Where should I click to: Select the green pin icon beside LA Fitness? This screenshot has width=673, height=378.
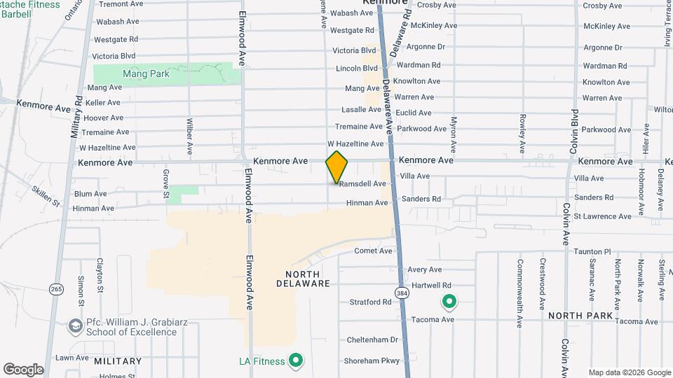297,360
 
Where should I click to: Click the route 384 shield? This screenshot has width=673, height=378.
401,293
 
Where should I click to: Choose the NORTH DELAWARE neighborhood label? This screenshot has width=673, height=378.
303,279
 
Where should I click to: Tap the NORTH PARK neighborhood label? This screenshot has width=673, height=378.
580,316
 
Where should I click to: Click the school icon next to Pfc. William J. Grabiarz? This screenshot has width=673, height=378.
75,326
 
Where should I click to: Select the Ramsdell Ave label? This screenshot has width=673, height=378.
362,184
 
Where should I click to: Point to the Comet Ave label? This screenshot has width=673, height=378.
373,251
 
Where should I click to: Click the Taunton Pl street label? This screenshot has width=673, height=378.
592,251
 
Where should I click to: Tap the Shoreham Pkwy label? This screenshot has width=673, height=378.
371,361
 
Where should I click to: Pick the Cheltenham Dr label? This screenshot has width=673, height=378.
372,339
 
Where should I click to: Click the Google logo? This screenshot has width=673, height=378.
23,369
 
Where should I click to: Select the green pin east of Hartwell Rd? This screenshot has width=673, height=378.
449,302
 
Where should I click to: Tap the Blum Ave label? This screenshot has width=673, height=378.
90,194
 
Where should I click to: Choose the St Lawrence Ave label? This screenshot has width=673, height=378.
602,217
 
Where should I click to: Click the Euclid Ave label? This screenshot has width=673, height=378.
414,113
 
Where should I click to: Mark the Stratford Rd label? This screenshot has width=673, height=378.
370,302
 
